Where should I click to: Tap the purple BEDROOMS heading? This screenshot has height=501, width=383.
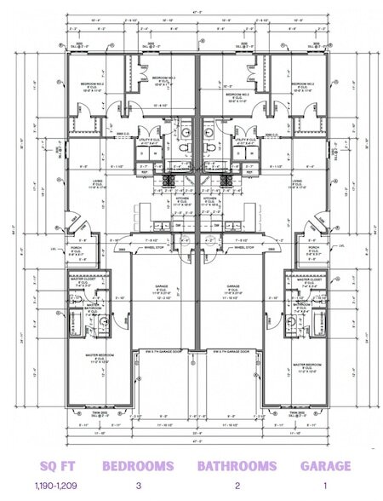(x=138, y=466)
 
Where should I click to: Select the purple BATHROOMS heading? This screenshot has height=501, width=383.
(x=237, y=466)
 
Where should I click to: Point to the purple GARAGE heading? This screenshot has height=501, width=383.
(x=325, y=466)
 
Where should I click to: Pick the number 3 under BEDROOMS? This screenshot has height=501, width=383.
(x=138, y=485)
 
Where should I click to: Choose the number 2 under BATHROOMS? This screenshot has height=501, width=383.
(x=237, y=485)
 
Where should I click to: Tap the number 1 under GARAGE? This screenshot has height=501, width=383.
(x=325, y=485)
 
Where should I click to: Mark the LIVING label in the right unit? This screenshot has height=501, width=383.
(x=298, y=181)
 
